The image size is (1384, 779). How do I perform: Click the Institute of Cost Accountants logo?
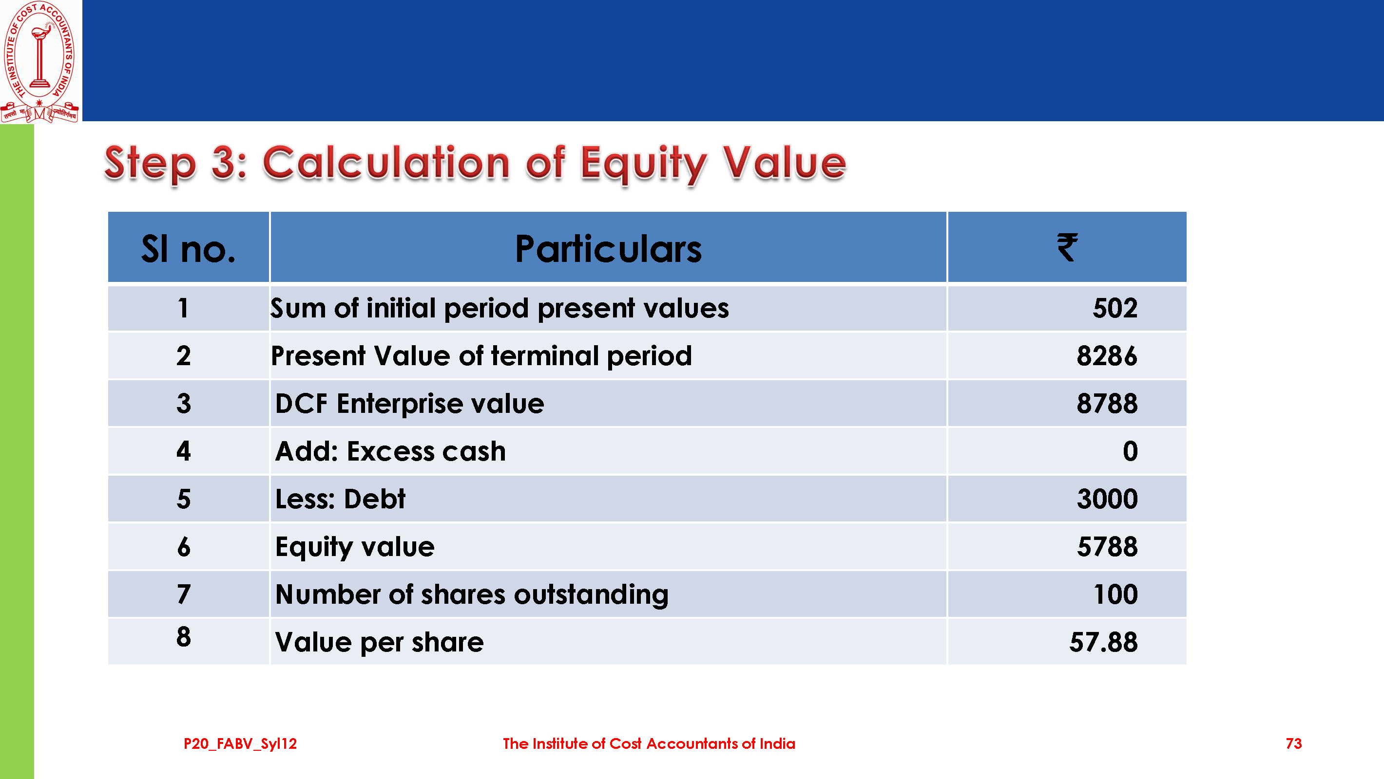coord(40,62)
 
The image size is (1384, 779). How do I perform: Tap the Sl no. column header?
coord(188,249)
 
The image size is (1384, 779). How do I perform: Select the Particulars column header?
coord(608,249)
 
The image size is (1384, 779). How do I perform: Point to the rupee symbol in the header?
coord(1067,247)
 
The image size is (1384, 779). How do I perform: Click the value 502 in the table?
coord(1115,308)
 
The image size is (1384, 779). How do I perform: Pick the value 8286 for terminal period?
coord(1107,356)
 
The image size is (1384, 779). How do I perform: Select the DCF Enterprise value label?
coord(409,404)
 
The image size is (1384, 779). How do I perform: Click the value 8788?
coord(1107,404)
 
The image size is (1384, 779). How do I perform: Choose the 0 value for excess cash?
coord(1131,451)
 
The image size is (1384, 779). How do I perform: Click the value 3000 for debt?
coord(1107,499)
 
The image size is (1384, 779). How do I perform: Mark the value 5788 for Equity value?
coord(1107,547)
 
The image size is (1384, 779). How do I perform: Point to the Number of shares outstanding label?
coord(472,595)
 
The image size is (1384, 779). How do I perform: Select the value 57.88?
coord(1104,643)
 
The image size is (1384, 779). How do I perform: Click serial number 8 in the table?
coord(184,637)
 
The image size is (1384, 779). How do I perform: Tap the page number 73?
coord(1294,743)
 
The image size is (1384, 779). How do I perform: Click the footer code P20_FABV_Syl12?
coord(240,744)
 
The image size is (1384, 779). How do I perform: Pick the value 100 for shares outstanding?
coord(1116,595)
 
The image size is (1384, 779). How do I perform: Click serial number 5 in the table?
coord(184,499)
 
